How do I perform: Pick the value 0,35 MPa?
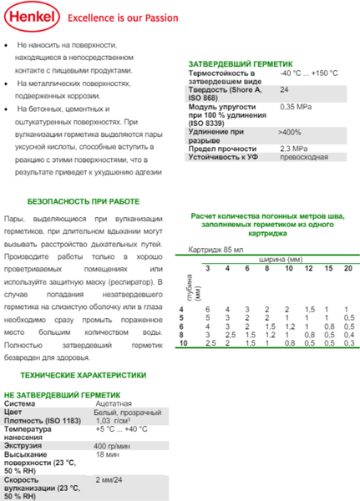click(x=297, y=108)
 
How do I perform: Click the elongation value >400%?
click(x=290, y=133)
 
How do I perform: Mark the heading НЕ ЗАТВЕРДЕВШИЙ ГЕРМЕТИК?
click(x=63, y=394)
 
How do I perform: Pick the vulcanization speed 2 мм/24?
click(x=111, y=481)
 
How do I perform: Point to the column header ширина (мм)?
click(x=286, y=259)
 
